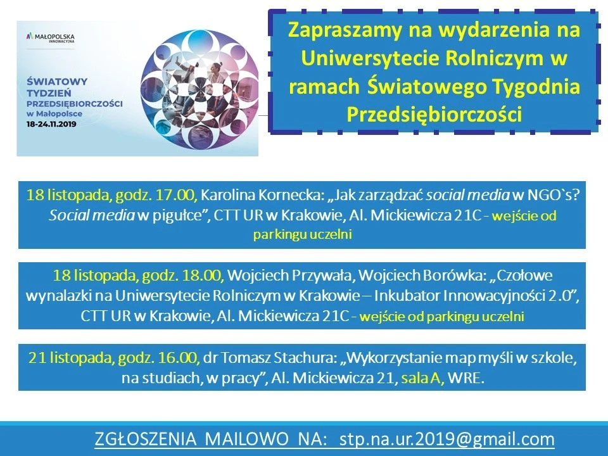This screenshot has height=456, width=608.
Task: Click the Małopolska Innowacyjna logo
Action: [x=50, y=38]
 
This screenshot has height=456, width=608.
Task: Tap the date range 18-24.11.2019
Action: [x=51, y=125]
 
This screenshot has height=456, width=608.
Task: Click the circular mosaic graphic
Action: [x=199, y=89]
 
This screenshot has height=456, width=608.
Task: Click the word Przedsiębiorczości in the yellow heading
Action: [x=434, y=114]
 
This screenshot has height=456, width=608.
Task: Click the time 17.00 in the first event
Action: [x=177, y=194]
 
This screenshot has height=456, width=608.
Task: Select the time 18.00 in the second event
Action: [x=203, y=275]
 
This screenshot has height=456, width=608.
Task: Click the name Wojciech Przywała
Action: [x=291, y=275]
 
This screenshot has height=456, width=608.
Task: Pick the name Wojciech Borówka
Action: [x=422, y=275]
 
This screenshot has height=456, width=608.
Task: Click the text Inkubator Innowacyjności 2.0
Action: [x=473, y=296]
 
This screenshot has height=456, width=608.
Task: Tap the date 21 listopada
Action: [x=72, y=357]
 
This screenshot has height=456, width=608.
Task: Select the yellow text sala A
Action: [x=422, y=377]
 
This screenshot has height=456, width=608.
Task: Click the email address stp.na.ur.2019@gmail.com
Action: [x=446, y=440]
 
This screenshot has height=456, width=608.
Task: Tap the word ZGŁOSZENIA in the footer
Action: [x=146, y=440]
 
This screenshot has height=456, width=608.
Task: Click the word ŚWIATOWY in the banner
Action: [x=57, y=82]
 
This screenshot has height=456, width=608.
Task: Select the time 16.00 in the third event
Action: [x=179, y=357]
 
